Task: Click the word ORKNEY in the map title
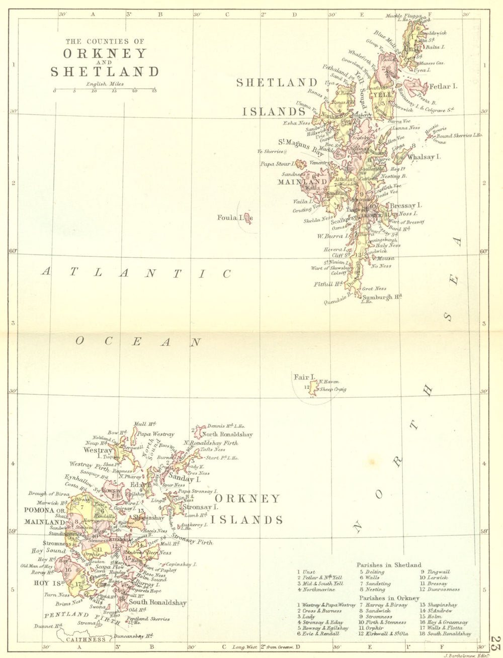[105, 53]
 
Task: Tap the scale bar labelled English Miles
[105, 89]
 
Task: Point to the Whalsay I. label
[424, 157]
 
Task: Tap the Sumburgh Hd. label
[382, 297]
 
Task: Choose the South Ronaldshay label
[157, 602]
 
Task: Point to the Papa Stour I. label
[277, 164]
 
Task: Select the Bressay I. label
[406, 206]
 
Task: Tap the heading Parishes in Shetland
[389, 565]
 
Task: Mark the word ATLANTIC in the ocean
[136, 273]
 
